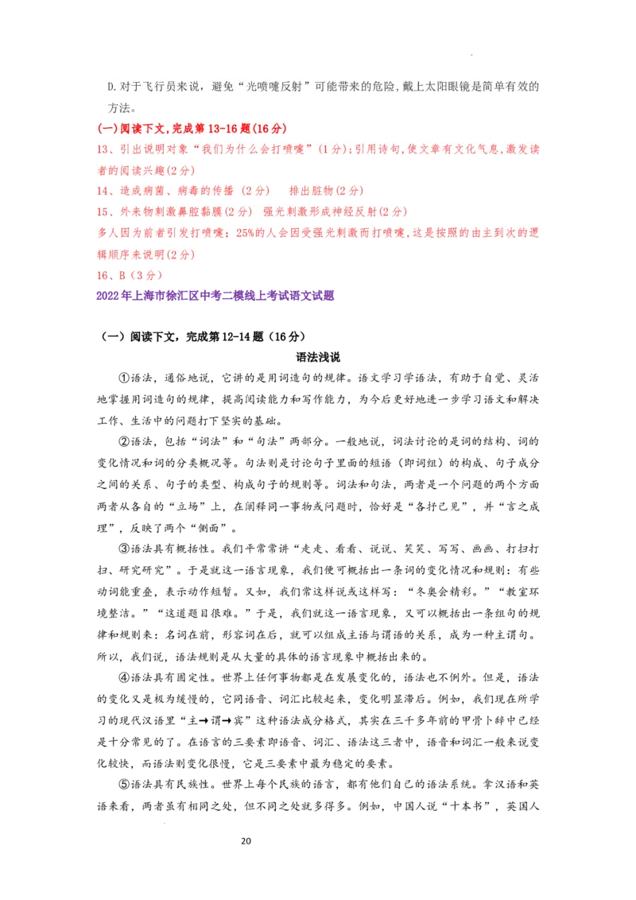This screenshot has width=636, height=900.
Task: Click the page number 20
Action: click(x=246, y=841)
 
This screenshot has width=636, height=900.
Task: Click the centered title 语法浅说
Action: click(x=318, y=357)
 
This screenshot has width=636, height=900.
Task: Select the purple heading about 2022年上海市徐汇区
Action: click(x=215, y=296)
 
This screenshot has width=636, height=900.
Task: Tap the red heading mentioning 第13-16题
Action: click(x=192, y=129)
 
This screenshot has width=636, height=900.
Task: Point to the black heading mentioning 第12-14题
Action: click(x=204, y=336)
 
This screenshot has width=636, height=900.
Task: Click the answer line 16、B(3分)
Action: click(x=130, y=275)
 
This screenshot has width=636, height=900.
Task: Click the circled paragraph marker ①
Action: click(x=125, y=378)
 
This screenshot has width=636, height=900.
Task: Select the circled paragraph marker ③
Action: click(x=125, y=549)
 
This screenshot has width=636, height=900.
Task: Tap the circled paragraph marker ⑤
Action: click(x=125, y=784)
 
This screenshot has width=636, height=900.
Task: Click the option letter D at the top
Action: click(x=111, y=87)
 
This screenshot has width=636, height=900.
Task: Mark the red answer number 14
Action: click(x=103, y=191)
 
